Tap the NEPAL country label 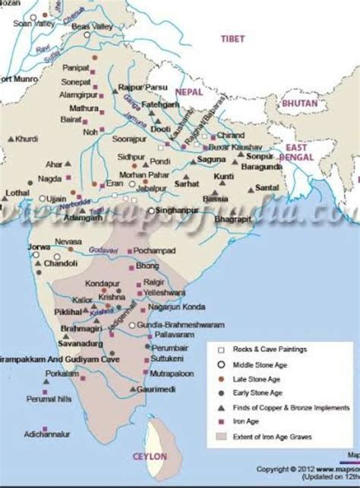tap(189, 91)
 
